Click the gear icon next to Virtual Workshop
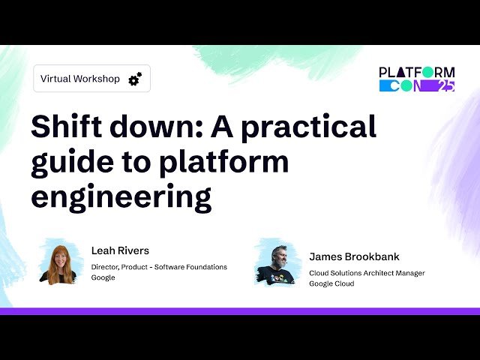coord(135,79)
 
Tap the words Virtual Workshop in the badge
coord(79,79)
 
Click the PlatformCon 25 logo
coord(417,79)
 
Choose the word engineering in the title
coord(121,197)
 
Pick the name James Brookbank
coord(354,256)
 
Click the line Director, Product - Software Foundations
coord(159,267)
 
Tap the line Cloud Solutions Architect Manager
coord(367,273)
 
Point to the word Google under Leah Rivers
coord(103,277)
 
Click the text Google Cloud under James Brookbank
coord(331,284)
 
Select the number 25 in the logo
coord(445,85)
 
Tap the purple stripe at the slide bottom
coord(240,310)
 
